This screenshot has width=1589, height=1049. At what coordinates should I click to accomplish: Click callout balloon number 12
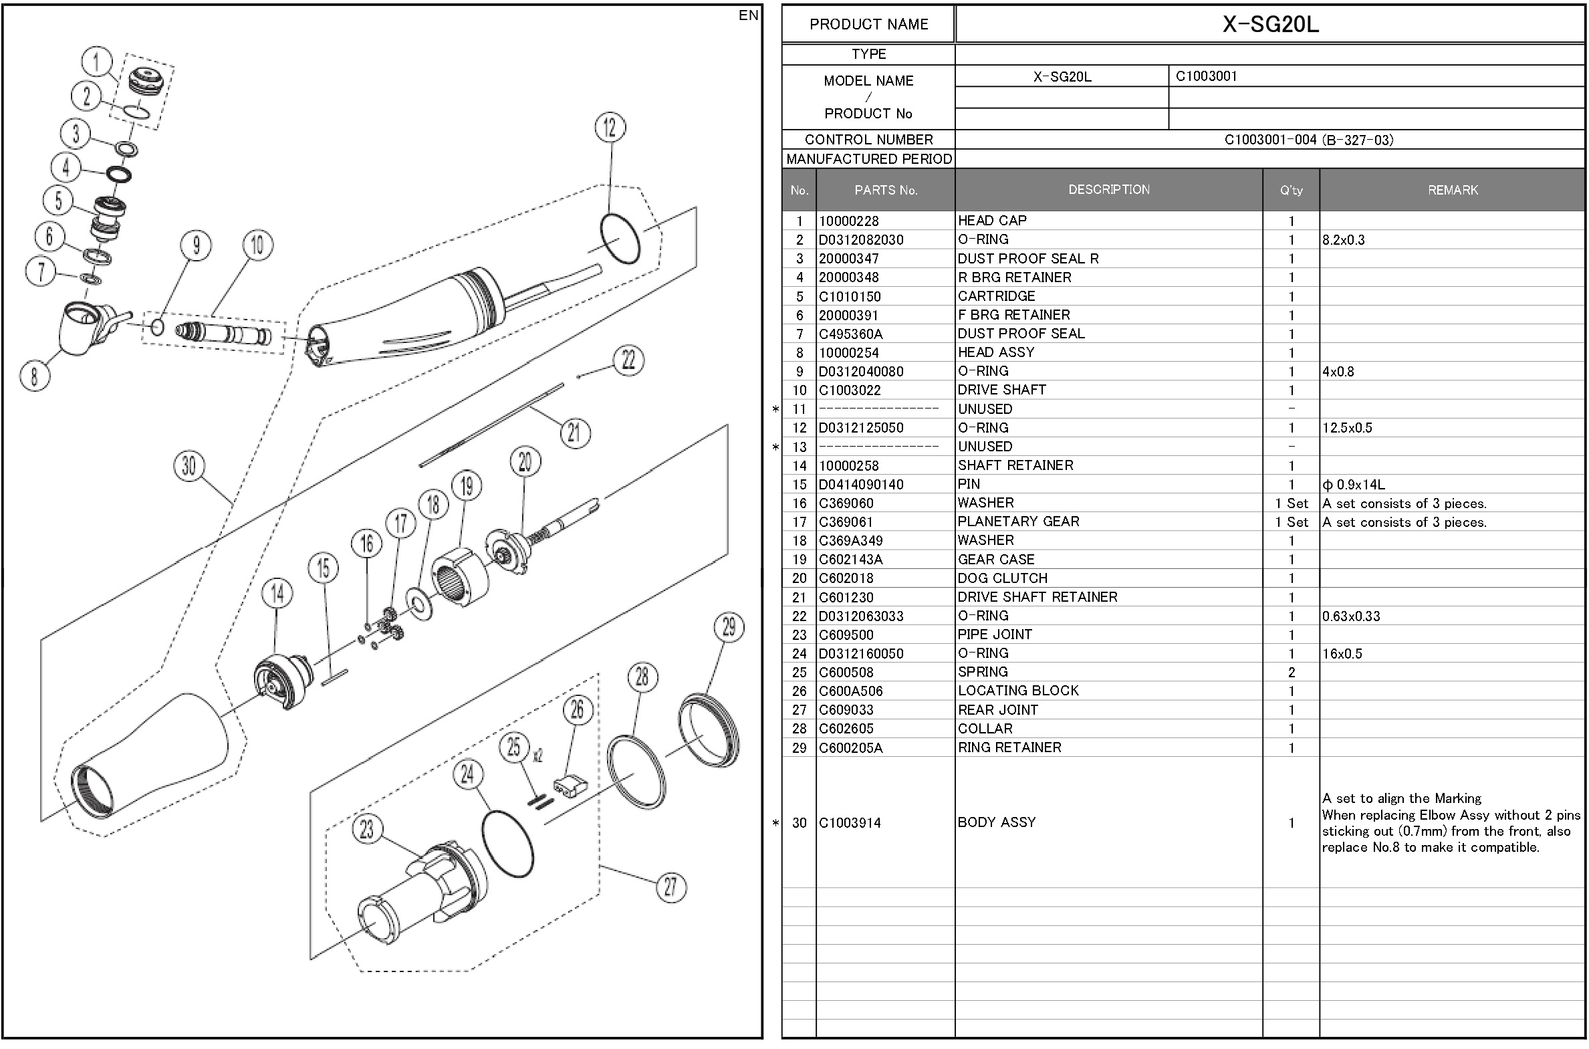[x=610, y=128]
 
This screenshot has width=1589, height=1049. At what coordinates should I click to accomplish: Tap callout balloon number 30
[x=189, y=466]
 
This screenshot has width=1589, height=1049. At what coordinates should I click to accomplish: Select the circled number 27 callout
[x=670, y=888]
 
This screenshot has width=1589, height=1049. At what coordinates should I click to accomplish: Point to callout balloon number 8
[x=35, y=375]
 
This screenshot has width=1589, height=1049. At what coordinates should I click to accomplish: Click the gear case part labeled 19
[x=460, y=578]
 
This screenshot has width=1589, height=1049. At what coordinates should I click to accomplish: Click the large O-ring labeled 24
[x=507, y=844]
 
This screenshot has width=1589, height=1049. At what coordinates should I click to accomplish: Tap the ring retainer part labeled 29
[x=709, y=731]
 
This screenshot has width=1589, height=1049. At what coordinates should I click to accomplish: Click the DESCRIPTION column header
[x=1109, y=190]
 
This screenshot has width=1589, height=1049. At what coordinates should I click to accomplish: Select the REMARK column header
[x=1453, y=191]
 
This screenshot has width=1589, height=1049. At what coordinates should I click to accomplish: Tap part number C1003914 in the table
[x=850, y=823]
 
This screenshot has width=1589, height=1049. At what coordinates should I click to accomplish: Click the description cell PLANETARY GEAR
[x=1018, y=521]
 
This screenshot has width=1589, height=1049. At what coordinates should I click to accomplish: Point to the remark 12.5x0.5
[x=1347, y=428]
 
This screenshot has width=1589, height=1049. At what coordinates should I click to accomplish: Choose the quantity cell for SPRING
[x=1292, y=673]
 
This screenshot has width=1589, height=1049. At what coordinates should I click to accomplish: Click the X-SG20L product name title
[x=1271, y=25]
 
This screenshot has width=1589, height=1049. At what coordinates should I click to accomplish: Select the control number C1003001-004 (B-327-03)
[x=1309, y=140]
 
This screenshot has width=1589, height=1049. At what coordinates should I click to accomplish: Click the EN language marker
[x=748, y=15]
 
